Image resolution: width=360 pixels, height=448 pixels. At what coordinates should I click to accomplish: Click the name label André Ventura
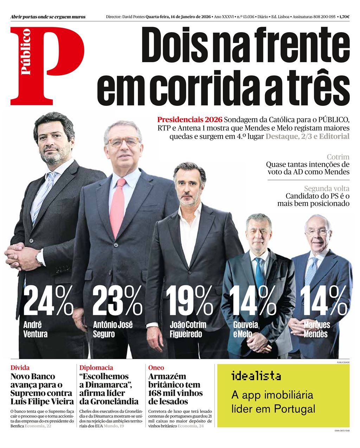point(35,329)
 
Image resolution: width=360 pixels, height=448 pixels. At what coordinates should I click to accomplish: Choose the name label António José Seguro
point(112,329)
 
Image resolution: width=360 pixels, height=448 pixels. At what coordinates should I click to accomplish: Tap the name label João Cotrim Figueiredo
point(188,329)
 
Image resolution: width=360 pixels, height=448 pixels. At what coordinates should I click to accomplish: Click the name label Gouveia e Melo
point(245,329)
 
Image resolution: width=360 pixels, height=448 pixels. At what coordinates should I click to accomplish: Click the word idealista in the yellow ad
point(256,376)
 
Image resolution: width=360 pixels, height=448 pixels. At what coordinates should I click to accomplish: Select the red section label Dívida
point(20,368)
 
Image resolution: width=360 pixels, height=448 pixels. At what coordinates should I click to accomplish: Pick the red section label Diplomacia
point(96,368)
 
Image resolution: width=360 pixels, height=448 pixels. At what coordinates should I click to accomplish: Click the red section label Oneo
point(156,368)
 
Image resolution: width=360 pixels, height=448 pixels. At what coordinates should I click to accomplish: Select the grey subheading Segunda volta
point(327,188)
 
